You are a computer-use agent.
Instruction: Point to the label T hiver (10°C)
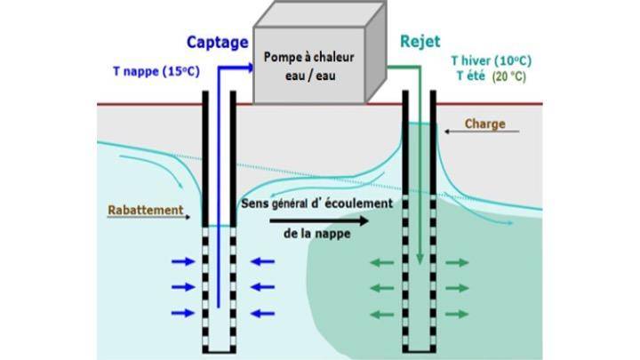tap(491, 60)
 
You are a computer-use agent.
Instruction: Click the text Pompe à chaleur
tap(308, 57)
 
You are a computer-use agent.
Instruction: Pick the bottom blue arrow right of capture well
tap(262, 313)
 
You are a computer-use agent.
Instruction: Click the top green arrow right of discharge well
tap(458, 262)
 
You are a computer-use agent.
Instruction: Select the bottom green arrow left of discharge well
tap(380, 314)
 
